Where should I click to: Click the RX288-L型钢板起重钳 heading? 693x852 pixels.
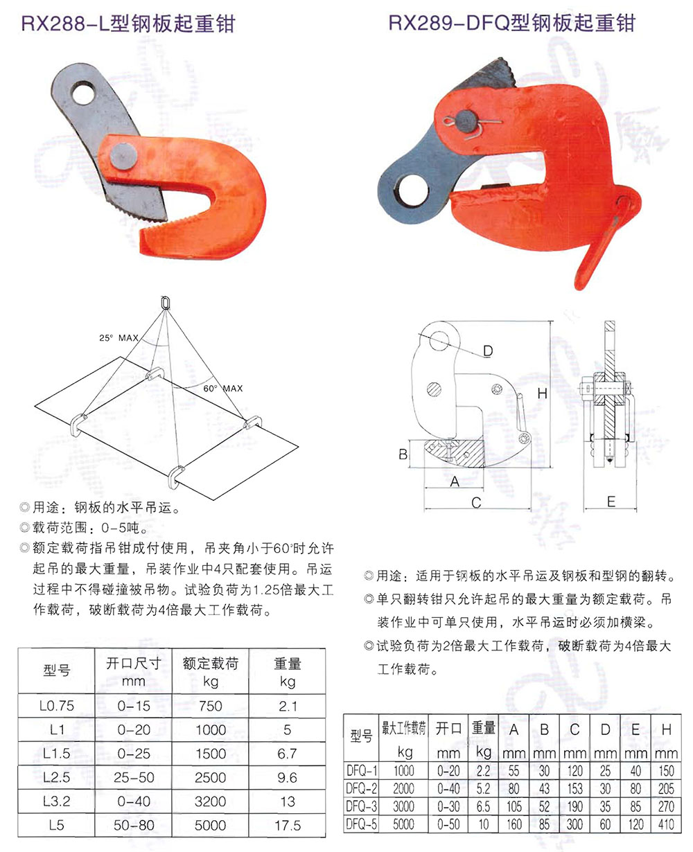coord(128,24)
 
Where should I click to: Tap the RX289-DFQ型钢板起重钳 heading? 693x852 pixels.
coord(511,22)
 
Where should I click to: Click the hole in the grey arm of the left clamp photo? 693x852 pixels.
coord(83,93)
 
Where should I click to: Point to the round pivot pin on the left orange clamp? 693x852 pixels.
coord(123,157)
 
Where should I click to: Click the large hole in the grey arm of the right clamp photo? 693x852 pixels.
coord(413,190)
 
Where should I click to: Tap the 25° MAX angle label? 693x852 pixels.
coord(119,338)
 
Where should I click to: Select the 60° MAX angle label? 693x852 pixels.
coord(223,389)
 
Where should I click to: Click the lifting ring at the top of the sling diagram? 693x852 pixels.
coord(165,303)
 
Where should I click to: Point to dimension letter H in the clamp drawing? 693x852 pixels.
coord(542,394)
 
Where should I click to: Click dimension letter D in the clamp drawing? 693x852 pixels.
coord(488,350)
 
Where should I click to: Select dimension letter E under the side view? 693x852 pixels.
coord(611,502)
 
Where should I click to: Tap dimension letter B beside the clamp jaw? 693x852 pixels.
coord(403,454)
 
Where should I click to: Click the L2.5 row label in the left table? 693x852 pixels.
coord(56,778)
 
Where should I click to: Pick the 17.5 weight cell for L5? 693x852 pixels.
coord(288,825)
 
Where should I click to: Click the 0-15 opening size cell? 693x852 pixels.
coord(134,706)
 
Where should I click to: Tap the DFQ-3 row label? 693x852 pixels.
coord(361,806)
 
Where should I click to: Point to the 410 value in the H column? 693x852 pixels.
coord(666,824)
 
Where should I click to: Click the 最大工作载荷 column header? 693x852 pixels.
coord(404,729)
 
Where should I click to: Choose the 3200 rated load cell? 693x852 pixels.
coord(211,801)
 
